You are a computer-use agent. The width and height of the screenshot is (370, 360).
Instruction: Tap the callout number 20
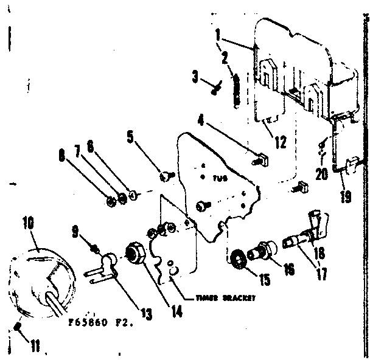click(321, 173)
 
